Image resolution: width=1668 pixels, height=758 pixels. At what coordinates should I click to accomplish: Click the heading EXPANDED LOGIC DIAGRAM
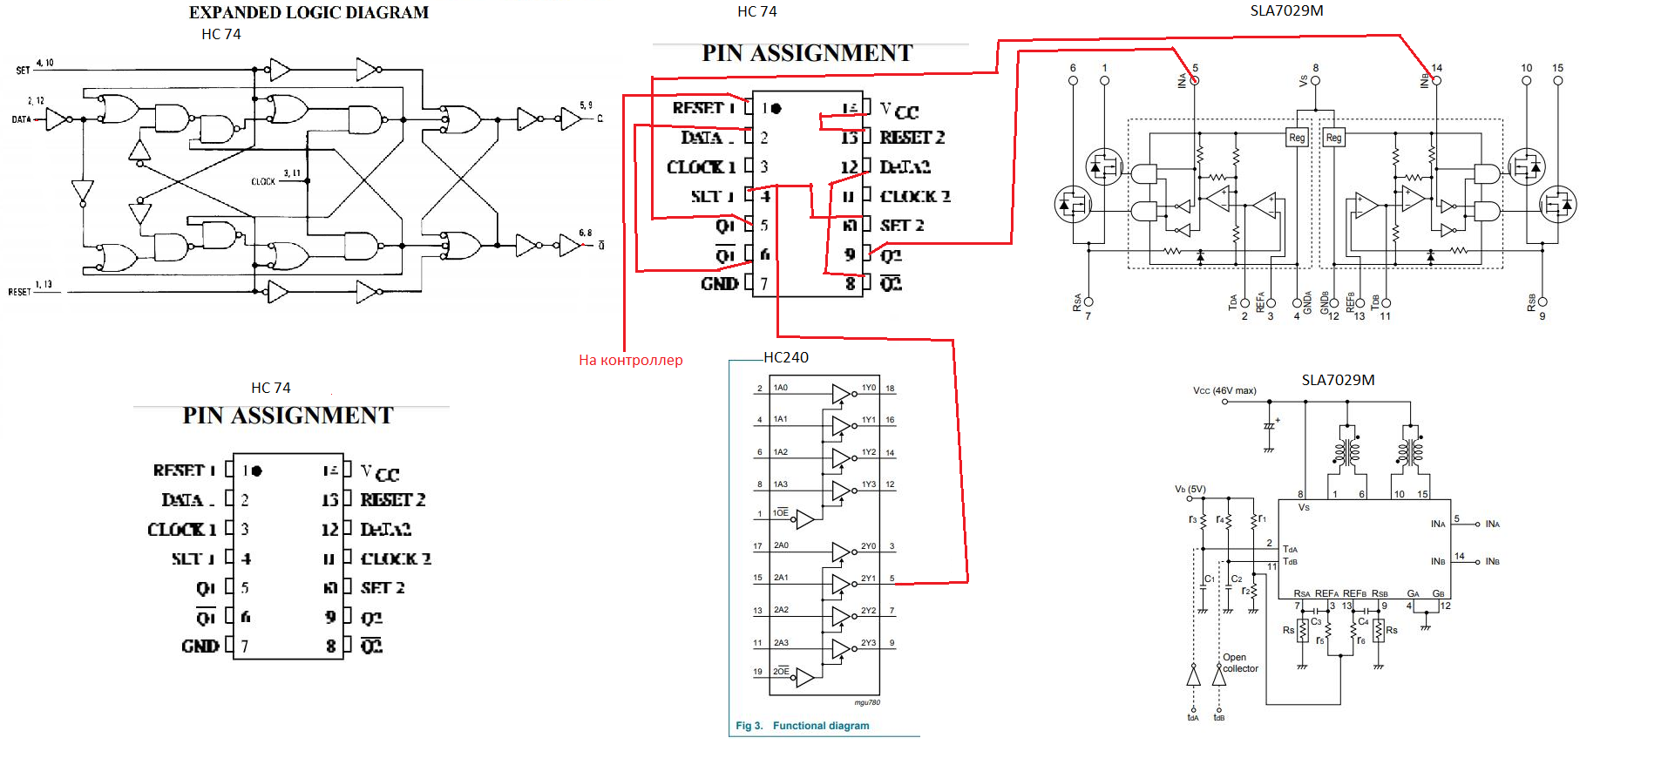click(309, 12)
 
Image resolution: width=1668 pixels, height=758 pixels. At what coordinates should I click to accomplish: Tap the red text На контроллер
click(630, 360)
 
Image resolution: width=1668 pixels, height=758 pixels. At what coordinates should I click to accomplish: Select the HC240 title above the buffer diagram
click(786, 357)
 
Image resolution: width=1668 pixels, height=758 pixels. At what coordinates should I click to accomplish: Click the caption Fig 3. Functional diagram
click(802, 726)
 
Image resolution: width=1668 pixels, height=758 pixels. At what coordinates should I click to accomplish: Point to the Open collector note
click(1239, 663)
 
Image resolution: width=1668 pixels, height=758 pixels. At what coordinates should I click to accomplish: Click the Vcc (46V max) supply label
click(1224, 390)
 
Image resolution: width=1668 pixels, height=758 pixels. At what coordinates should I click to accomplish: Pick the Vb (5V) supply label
click(1190, 489)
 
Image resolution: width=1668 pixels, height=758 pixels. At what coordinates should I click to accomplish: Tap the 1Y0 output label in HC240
click(869, 388)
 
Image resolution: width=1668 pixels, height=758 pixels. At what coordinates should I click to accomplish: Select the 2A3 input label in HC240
click(781, 643)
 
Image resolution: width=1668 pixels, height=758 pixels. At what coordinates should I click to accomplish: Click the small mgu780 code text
click(866, 702)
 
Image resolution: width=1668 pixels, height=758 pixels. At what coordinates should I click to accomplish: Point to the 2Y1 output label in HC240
click(869, 579)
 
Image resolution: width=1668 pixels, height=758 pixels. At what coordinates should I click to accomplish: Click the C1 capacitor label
click(1210, 579)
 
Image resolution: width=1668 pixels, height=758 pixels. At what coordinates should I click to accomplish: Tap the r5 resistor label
click(1320, 640)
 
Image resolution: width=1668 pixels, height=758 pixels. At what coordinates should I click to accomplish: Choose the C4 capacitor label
click(1363, 621)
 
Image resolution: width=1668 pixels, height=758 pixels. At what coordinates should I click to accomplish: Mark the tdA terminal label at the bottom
click(1193, 718)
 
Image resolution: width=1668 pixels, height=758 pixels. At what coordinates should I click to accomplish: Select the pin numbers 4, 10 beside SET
click(44, 63)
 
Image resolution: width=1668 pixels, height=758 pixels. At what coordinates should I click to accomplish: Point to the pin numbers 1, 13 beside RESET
click(44, 284)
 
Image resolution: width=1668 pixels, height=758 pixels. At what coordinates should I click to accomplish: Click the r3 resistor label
click(1193, 519)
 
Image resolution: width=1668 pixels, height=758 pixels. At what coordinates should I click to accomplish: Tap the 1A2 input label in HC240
click(781, 452)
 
